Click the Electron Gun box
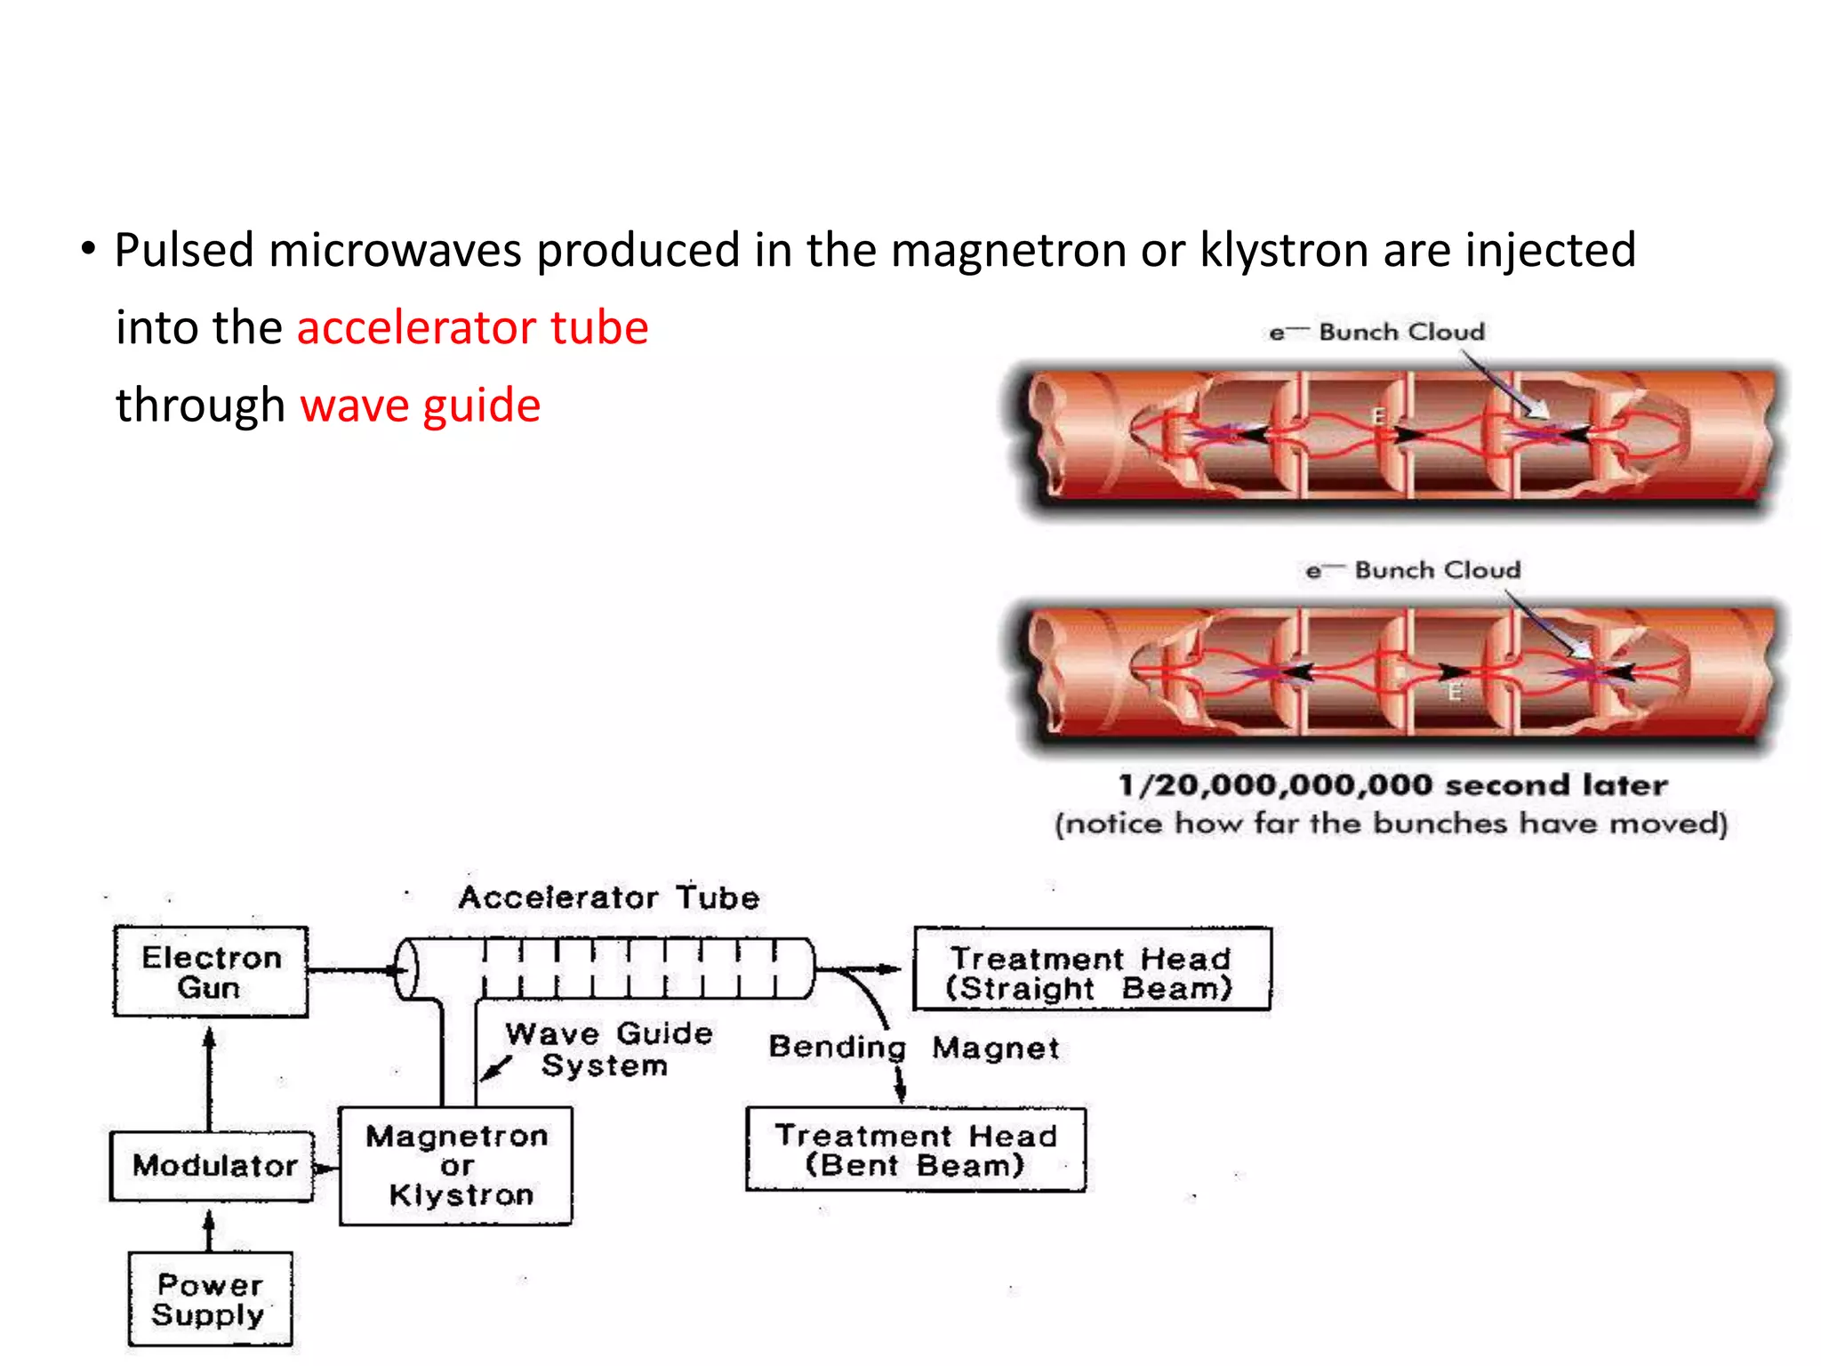[211, 972]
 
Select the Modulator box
[213, 1166]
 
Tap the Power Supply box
[210, 1299]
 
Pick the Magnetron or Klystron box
[456, 1166]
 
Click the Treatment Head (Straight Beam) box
[1092, 970]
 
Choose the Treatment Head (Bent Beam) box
[916, 1150]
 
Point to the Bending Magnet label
[914, 1048]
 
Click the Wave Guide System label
[608, 1049]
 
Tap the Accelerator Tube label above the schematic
[609, 897]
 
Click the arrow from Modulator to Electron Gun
[210, 1076]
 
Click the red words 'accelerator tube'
[472, 327]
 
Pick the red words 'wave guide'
[421, 406]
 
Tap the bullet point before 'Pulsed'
[87, 249]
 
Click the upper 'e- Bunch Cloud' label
[1377, 333]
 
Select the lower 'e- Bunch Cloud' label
[1413, 570]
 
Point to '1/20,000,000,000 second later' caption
[1392, 784]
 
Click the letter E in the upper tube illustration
[1378, 415]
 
